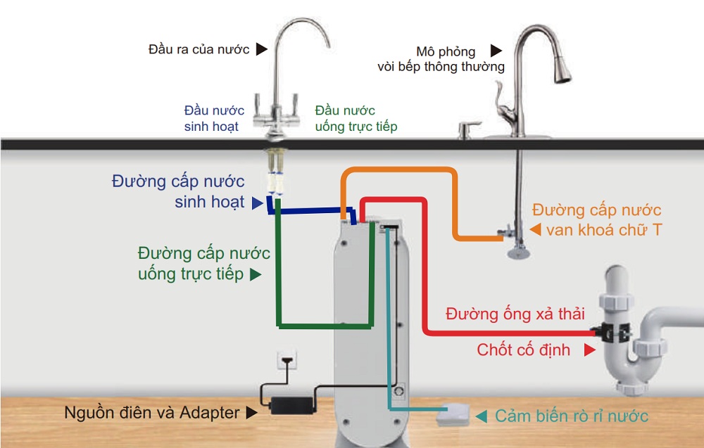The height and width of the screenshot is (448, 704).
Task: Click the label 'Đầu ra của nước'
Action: [199, 49]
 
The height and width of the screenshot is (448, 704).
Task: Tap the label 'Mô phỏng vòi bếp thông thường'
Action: [441, 59]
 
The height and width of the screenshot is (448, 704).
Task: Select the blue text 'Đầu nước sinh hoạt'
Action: [214, 118]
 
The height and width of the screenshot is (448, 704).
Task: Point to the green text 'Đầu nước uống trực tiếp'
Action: [356, 118]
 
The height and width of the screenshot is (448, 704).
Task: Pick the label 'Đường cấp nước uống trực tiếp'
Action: [203, 263]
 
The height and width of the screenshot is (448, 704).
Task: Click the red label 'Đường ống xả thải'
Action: [515, 314]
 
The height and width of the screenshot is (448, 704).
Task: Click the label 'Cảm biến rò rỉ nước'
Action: [571, 416]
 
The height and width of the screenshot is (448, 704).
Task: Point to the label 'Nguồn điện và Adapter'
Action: [151, 412]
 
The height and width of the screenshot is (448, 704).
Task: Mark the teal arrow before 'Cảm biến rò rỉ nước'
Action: [482, 416]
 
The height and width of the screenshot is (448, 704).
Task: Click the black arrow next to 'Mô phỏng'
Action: [497, 51]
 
